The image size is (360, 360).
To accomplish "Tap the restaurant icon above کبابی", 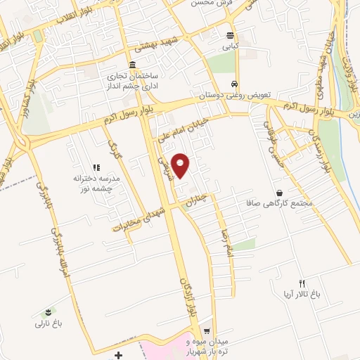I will [231, 36].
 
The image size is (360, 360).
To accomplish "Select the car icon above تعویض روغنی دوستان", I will [237, 83].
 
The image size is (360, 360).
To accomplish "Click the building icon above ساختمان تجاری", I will [133, 65].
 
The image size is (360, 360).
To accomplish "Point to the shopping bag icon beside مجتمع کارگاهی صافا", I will [280, 193].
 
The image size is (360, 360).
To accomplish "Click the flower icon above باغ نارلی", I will [48, 312].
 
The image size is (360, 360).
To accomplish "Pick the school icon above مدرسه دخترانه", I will [96, 167].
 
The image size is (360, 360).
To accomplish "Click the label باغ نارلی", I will [49, 324].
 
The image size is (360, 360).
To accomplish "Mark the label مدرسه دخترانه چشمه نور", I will [95, 184].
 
